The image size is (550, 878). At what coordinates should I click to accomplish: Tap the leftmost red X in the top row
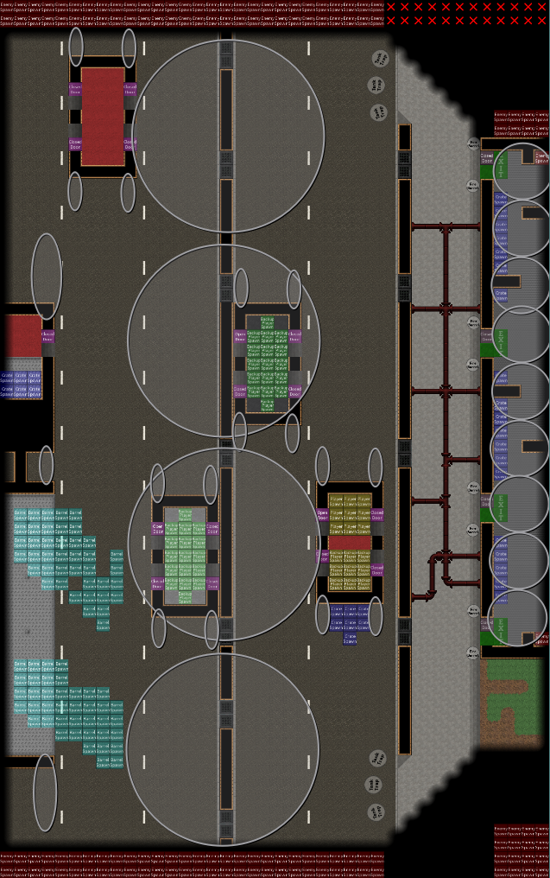[x=392, y=6]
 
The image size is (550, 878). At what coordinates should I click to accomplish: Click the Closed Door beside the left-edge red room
[x=47, y=337]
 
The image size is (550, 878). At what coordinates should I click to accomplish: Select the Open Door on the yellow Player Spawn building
[x=322, y=513]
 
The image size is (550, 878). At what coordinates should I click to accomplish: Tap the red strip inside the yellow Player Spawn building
[x=350, y=543]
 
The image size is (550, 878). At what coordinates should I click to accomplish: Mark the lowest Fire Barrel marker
[x=473, y=652]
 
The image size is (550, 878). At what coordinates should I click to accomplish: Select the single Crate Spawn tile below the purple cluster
[x=350, y=639]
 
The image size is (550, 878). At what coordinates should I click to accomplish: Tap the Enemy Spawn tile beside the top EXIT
[x=541, y=158]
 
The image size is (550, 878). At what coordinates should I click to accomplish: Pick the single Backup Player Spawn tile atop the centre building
[x=267, y=321]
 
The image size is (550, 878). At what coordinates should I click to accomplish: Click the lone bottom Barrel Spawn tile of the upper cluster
[x=103, y=623]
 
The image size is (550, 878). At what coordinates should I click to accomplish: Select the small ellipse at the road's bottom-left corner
[x=45, y=792]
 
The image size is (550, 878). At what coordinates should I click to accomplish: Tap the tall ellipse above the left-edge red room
[x=47, y=277]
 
